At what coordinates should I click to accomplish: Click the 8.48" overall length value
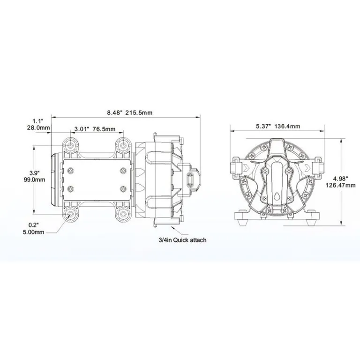114,112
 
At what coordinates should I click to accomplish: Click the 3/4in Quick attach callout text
183,240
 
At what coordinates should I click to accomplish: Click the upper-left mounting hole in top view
71,145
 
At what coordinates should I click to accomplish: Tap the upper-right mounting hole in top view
124,145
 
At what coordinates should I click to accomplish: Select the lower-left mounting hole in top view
71,214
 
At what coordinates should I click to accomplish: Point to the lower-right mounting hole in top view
124,214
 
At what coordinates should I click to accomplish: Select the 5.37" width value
262,126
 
